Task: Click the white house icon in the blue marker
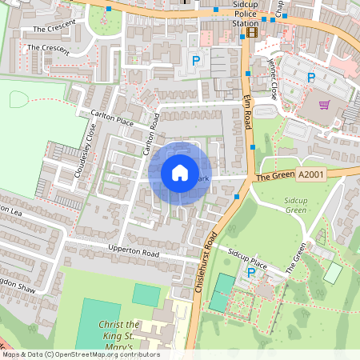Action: [x=180, y=173]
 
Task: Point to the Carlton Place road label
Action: [x=112, y=118]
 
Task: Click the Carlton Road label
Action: [x=150, y=134]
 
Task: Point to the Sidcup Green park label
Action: [x=295, y=204]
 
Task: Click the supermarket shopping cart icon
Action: [x=325, y=104]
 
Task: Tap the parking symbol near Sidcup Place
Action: [x=251, y=273]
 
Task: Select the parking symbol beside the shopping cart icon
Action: [x=311, y=78]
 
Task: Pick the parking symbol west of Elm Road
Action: [x=194, y=61]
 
